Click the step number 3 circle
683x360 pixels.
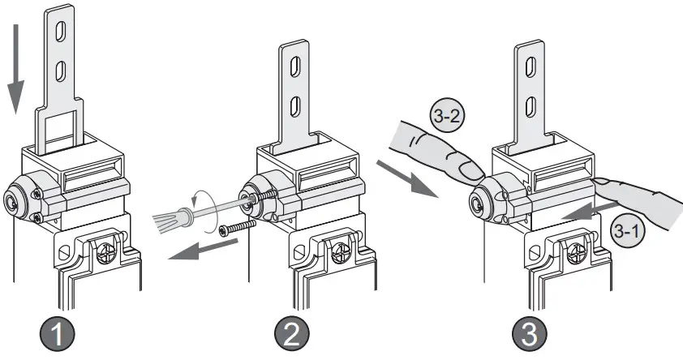click(x=531, y=332)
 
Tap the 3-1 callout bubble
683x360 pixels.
click(x=627, y=232)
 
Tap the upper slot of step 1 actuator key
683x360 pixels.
click(x=59, y=33)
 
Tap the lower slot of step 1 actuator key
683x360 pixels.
click(x=59, y=75)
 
